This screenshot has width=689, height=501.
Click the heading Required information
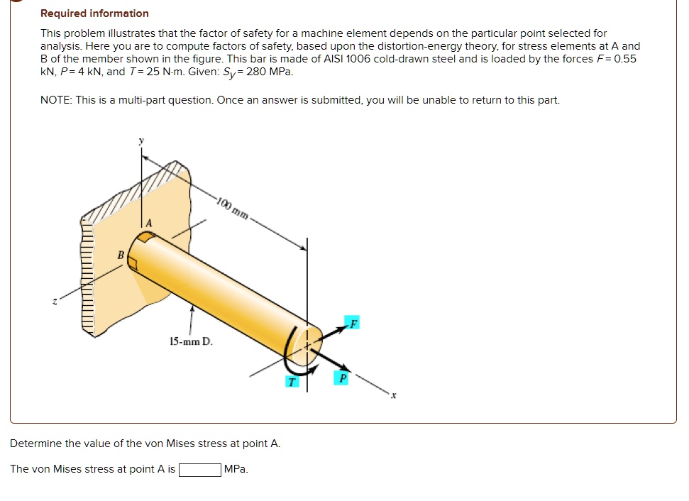click(94, 13)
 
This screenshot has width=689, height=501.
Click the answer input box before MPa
click(199, 470)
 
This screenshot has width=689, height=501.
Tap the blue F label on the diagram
click(353, 324)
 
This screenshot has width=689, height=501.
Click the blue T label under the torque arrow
click(290, 382)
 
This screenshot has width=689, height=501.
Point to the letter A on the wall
click(148, 224)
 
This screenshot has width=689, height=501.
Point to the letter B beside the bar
click(121, 253)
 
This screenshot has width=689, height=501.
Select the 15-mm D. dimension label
click(191, 342)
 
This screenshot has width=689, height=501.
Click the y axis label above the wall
click(140, 141)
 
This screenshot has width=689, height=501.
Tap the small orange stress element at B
click(133, 263)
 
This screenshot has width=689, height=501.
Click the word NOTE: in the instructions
click(57, 100)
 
